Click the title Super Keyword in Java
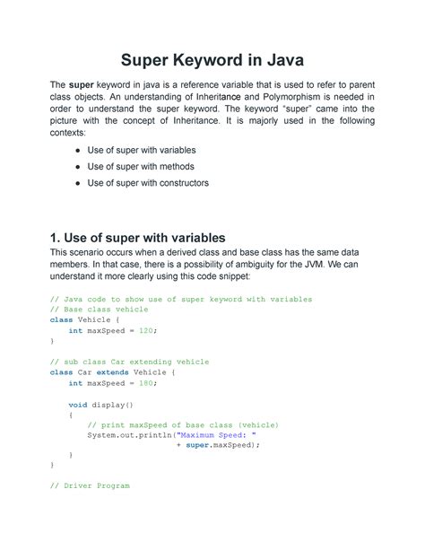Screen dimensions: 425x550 (212, 63)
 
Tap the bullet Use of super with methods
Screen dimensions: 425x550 (140, 166)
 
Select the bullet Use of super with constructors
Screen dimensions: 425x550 (148, 183)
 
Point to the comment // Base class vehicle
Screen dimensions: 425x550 (99, 310)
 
